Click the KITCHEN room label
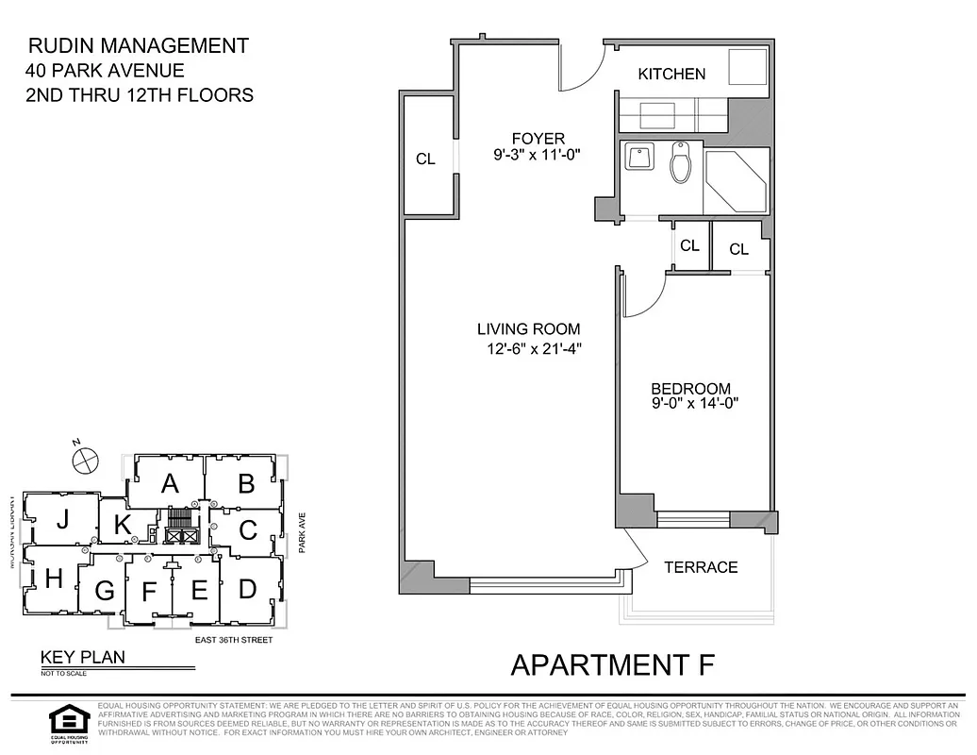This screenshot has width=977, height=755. (671, 74)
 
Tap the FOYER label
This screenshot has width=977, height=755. (538, 138)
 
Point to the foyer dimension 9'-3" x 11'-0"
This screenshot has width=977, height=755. (537, 156)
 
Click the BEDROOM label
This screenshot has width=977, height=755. (691, 388)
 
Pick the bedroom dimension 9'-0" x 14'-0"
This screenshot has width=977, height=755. (694, 404)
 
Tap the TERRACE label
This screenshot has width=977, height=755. (701, 567)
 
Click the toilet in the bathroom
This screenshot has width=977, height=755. (680, 164)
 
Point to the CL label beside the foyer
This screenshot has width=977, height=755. (425, 159)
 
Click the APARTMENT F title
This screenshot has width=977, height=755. (612, 664)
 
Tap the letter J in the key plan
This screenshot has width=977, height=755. (62, 519)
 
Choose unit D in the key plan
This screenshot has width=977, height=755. (247, 589)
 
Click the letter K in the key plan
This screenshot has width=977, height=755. (122, 527)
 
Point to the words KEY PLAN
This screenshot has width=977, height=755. (82, 658)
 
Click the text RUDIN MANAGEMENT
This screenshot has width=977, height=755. (138, 45)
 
